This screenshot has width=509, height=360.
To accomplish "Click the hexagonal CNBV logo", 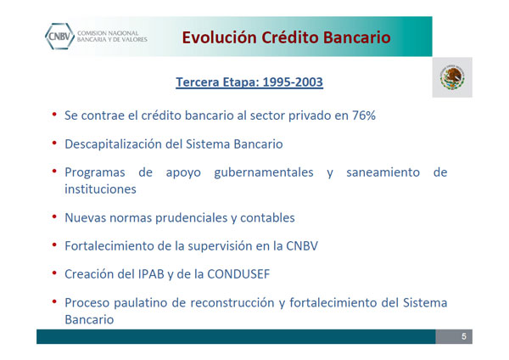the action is point(59,37).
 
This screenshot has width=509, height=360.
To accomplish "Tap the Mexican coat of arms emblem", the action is point(452,77).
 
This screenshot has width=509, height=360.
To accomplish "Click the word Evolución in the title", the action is point(220,37).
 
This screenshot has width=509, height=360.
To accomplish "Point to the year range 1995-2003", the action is point(293,82).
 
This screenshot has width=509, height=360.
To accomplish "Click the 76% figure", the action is point(364,115).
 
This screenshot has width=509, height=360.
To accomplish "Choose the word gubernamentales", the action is point(264,172).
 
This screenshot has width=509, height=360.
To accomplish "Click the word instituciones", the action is point(100,189).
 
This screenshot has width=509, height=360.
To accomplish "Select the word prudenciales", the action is point(192,217).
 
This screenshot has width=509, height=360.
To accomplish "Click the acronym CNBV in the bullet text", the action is point(302,246).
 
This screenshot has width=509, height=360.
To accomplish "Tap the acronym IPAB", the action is point(151,274).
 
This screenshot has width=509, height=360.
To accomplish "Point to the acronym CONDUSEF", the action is point(238,274).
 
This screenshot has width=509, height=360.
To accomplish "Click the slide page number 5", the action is point(464,336).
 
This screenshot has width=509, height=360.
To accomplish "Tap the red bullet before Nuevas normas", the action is point(54,217).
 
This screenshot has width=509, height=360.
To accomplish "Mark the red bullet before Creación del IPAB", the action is point(54,273).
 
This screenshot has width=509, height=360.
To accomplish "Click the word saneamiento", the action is point(383,172).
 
